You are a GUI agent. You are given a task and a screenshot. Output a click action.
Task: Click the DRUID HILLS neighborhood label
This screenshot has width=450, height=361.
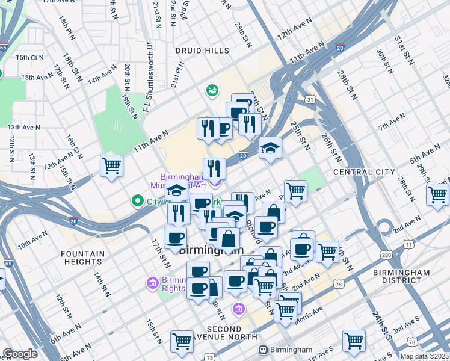click(x=194, y=51)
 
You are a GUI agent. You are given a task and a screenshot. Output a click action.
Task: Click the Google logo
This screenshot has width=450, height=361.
click(x=20, y=354)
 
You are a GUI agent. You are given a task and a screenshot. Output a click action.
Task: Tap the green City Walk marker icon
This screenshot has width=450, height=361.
click(x=137, y=201)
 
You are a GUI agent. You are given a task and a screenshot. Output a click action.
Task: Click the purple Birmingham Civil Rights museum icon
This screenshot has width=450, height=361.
click(x=152, y=282)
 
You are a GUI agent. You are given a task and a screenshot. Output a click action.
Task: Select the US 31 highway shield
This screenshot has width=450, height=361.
click(x=309, y=99)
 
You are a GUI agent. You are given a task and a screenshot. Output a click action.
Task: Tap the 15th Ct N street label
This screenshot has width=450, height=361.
click(x=30, y=58)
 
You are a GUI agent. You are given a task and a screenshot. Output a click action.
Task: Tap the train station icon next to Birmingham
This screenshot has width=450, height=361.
click(x=263, y=350)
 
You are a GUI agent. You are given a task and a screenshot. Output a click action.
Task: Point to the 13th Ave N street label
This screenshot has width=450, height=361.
click(x=23, y=127)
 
